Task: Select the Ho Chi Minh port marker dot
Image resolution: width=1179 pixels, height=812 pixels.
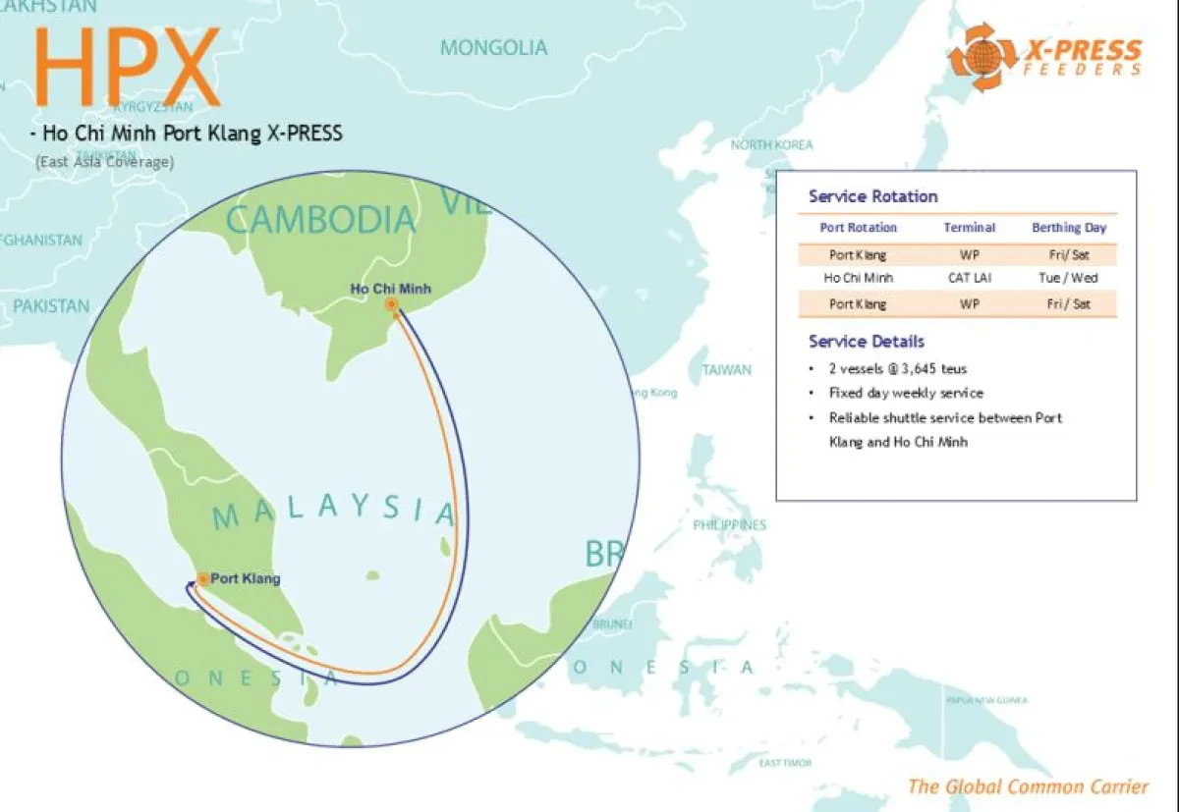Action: (x=392, y=305)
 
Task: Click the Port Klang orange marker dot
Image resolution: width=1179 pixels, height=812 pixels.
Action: (x=202, y=579)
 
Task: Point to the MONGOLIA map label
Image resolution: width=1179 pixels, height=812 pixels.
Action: (x=493, y=47)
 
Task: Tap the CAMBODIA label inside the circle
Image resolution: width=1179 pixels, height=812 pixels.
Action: (x=320, y=219)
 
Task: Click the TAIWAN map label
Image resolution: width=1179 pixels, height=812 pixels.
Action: (x=726, y=370)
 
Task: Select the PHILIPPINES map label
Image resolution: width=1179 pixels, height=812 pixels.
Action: (x=729, y=525)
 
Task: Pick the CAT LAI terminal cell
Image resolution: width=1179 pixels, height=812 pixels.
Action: (x=970, y=278)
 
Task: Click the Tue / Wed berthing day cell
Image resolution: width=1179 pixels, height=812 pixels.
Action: (x=1068, y=278)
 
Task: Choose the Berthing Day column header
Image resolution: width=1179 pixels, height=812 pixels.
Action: (x=1068, y=228)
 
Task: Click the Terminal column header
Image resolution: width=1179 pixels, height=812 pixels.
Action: (x=970, y=228)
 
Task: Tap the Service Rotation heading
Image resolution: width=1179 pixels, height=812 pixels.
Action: (x=872, y=196)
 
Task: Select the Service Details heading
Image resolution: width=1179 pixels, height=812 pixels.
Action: (x=866, y=342)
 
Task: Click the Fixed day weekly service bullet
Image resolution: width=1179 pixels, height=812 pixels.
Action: (x=905, y=393)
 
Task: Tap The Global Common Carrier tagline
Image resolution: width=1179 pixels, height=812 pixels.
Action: (x=1027, y=786)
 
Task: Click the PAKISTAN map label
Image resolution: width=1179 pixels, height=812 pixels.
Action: (x=50, y=306)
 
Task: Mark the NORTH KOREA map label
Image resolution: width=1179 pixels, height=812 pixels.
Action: (x=771, y=145)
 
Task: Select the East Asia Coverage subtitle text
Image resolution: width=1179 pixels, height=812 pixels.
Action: (x=104, y=162)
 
